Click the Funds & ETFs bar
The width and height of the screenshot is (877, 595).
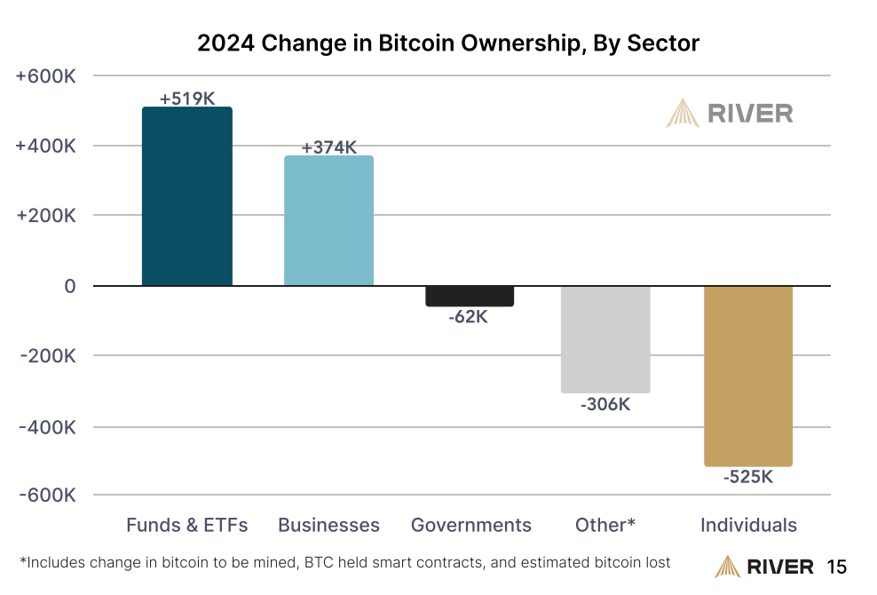click(x=187, y=196)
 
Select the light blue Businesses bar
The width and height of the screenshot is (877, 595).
click(x=328, y=220)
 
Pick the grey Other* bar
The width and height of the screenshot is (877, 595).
click(x=605, y=338)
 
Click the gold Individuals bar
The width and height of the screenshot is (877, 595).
click(x=747, y=375)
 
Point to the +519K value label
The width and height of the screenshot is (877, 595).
click(x=187, y=99)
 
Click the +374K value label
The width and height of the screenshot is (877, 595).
click(x=328, y=147)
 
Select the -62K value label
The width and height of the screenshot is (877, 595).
click(x=469, y=316)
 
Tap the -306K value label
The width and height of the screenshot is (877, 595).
click(x=605, y=404)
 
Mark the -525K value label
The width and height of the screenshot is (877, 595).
click(x=747, y=477)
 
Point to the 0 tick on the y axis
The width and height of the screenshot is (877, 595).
click(x=68, y=286)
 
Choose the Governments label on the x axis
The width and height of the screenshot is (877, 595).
click(x=471, y=525)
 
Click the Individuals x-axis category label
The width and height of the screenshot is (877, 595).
click(x=748, y=525)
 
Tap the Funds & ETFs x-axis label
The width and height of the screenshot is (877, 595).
click(x=186, y=525)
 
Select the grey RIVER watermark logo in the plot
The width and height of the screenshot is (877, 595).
click(x=730, y=114)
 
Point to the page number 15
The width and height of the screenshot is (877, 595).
click(x=836, y=567)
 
